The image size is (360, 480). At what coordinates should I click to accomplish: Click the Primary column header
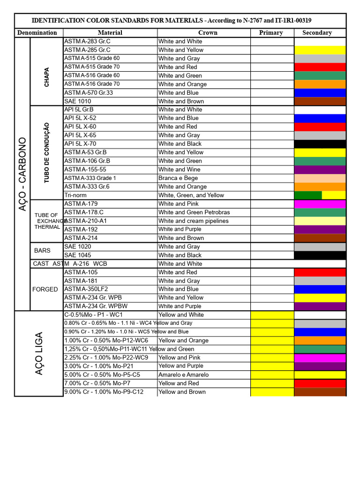pyautogui.click(x=271, y=33)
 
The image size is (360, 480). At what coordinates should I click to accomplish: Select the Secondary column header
pyautogui.click(x=317, y=33)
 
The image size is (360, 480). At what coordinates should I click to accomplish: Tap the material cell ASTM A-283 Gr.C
pyautogui.click(x=88, y=41)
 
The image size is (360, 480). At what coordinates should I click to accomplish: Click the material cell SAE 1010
pyautogui.click(x=78, y=101)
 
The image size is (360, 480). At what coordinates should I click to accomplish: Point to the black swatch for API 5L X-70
pyautogui.click(x=320, y=144)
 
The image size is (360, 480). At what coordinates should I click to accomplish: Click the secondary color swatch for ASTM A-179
pyautogui.click(x=320, y=204)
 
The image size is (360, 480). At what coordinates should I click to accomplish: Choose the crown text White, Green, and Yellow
pyautogui.click(x=191, y=195)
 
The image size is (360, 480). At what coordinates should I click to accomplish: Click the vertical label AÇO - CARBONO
pyautogui.click(x=22, y=174)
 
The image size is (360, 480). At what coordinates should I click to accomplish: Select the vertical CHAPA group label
pyautogui.click(x=46, y=77)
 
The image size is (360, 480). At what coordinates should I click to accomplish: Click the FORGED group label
pyautogui.click(x=45, y=289)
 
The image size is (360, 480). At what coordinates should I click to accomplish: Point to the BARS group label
pyautogui.click(x=42, y=251)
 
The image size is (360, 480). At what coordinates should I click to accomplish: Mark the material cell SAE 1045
pyautogui.click(x=78, y=255)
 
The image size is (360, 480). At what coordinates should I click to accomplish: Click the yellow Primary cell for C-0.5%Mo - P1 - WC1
pyautogui.click(x=272, y=315)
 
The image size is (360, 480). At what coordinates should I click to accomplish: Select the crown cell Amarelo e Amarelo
pyautogui.click(x=184, y=375)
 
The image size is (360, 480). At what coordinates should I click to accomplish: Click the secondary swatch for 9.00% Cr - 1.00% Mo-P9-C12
pyautogui.click(x=320, y=392)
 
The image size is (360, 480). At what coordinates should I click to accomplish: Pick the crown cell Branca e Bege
pyautogui.click(x=178, y=178)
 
